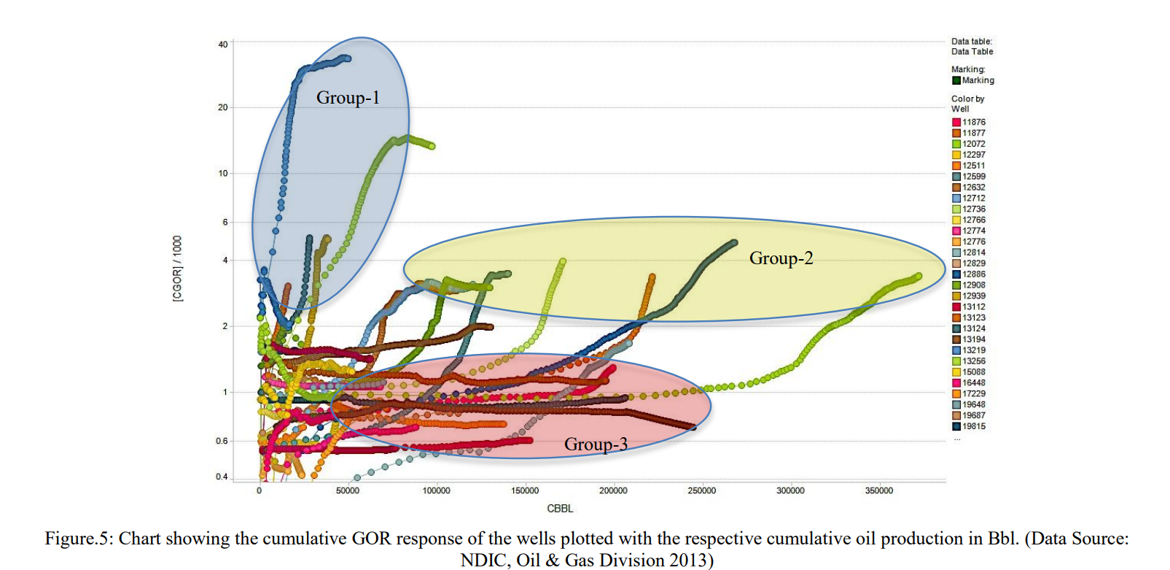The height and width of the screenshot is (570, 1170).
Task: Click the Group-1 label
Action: point(348,98)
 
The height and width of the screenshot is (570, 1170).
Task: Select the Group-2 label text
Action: point(781,258)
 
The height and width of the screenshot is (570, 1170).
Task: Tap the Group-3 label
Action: point(596,444)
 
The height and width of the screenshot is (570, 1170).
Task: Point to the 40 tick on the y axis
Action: point(223,45)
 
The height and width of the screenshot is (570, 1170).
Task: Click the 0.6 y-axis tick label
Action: point(222,441)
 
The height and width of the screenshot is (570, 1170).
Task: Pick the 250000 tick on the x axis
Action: point(701,490)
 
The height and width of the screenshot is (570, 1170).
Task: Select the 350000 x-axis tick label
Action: point(878,490)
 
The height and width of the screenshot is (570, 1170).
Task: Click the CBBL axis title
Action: point(560,508)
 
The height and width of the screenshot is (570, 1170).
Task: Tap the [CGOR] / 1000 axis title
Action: point(178,269)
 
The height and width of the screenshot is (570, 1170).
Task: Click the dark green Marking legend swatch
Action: point(956,80)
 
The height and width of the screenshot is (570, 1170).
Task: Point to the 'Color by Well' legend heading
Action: point(967,104)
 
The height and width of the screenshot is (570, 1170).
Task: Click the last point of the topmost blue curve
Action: point(348,58)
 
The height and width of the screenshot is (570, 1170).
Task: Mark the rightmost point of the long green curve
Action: point(919,276)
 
